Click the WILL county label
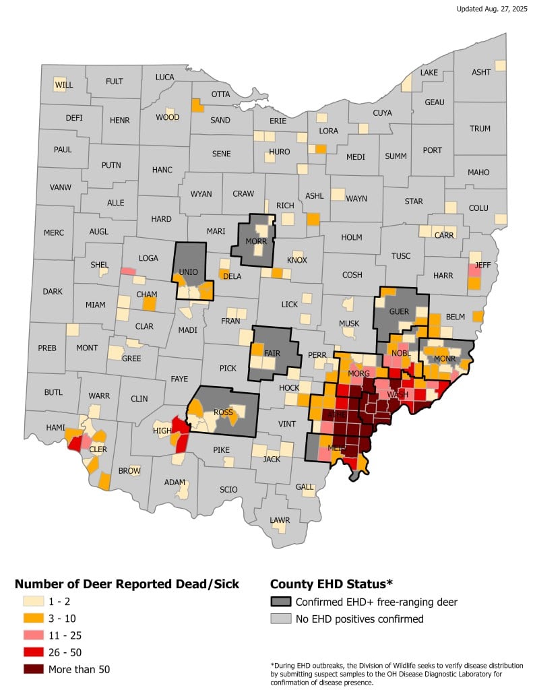click(x=64, y=85)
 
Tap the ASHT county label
click(x=481, y=72)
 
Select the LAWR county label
click(x=280, y=520)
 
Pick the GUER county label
click(x=400, y=311)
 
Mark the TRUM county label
click(x=480, y=129)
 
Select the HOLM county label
click(x=352, y=237)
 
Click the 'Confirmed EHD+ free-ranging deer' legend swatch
click(x=281, y=602)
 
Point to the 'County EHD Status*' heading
click(x=331, y=583)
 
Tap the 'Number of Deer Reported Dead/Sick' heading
click(x=127, y=583)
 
